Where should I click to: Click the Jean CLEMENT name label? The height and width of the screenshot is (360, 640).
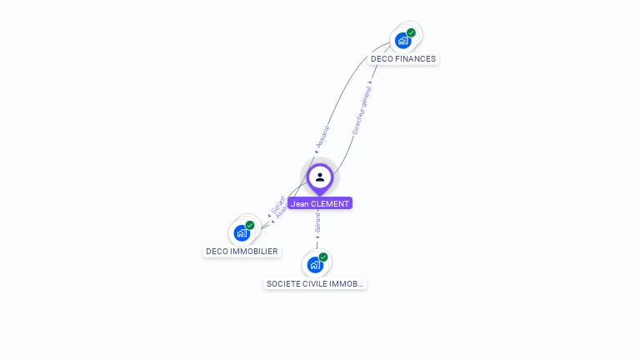click(320, 203)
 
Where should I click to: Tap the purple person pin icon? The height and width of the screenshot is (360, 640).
click(320, 177)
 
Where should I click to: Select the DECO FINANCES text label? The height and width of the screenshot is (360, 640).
click(403, 59)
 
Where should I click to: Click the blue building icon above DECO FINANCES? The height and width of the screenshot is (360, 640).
click(402, 40)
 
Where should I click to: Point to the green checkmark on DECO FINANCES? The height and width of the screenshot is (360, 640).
click(411, 32)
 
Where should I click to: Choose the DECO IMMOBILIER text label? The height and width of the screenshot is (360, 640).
click(242, 251)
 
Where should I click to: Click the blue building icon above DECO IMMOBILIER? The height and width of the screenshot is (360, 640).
click(242, 232)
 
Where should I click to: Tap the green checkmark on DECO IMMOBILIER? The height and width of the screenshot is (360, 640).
click(250, 225)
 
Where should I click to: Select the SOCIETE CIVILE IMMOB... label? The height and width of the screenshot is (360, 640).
click(315, 283)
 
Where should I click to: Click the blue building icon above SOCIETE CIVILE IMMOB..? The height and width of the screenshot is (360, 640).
click(314, 265)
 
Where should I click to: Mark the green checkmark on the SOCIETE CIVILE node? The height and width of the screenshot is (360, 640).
click(323, 257)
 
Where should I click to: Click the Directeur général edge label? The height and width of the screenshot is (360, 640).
click(362, 109)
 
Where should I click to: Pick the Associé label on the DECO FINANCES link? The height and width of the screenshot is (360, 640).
click(323, 138)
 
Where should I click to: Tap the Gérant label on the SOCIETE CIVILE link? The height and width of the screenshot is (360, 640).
click(317, 222)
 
